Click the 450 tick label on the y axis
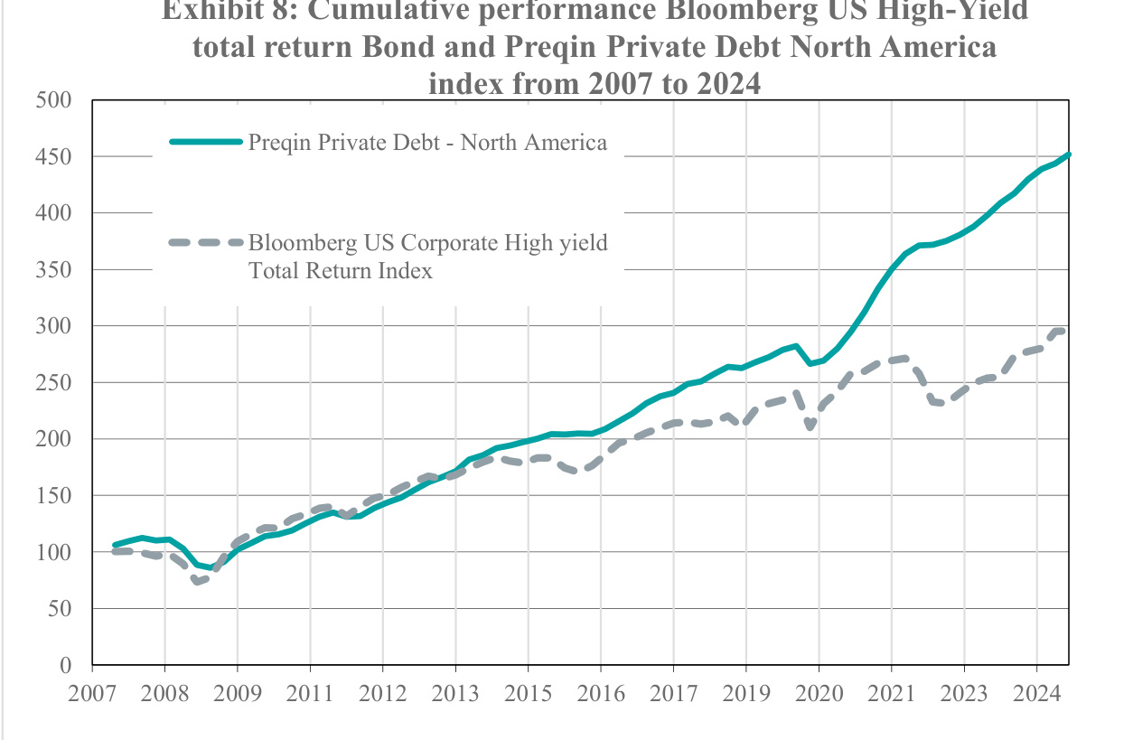pyautogui.click(x=53, y=156)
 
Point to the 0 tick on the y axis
pyautogui.click(x=64, y=666)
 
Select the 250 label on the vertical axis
pyautogui.click(x=53, y=383)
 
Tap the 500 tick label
pyautogui.click(x=53, y=99)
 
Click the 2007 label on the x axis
pyautogui.click(x=92, y=695)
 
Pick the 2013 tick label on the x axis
pyautogui.click(x=454, y=695)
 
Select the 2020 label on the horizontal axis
pyautogui.click(x=818, y=695)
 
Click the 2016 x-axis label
pyautogui.click(x=600, y=695)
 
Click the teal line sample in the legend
pyautogui.click(x=206, y=142)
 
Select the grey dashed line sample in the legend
pyautogui.click(x=206, y=242)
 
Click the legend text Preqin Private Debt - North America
pyautogui.click(x=427, y=143)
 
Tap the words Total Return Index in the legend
pyautogui.click(x=341, y=270)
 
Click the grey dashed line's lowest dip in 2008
pyautogui.click(x=197, y=581)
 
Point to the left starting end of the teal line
pyautogui.click(x=114, y=545)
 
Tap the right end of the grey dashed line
pyautogui.click(x=1066, y=331)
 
